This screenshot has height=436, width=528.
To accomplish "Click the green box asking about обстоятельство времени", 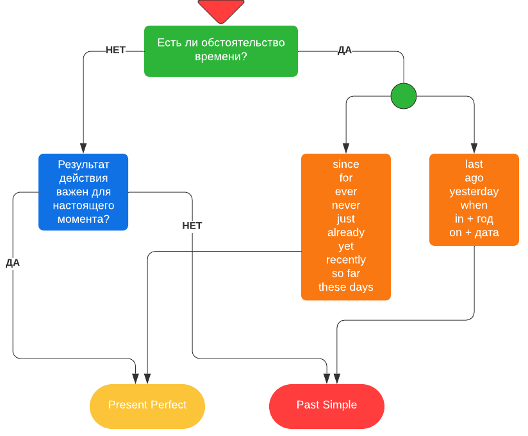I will pos(221,51).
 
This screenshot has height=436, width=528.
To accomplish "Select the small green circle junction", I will pos(404,96).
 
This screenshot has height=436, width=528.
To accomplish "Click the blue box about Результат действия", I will pos(83,192).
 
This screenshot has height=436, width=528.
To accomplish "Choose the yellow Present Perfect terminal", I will pos(147,405).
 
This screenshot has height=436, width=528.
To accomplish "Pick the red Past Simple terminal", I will pos(327,405).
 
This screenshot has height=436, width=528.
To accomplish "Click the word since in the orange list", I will pos(346,165).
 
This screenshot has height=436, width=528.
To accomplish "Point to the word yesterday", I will pos(474,192).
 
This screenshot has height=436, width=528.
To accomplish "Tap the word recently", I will pos(346,260).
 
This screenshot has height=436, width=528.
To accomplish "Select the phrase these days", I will pos(346,287).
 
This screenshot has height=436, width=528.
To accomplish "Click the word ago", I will pos(474,178).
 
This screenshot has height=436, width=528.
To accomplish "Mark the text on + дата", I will pos(474,232).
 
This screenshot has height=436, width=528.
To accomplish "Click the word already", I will pos(346,232).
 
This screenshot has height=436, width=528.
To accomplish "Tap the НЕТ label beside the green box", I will pos(115,51).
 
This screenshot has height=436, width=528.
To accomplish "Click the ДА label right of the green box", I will pos(345,51).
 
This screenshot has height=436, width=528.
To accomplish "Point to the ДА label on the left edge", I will pos(13,263).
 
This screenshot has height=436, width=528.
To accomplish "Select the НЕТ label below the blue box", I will pos(192,226).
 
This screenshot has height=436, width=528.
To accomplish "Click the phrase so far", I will pos(346,273).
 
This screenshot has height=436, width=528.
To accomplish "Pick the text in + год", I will pos(474,219).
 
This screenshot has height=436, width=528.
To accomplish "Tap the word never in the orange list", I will pos(346,206).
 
